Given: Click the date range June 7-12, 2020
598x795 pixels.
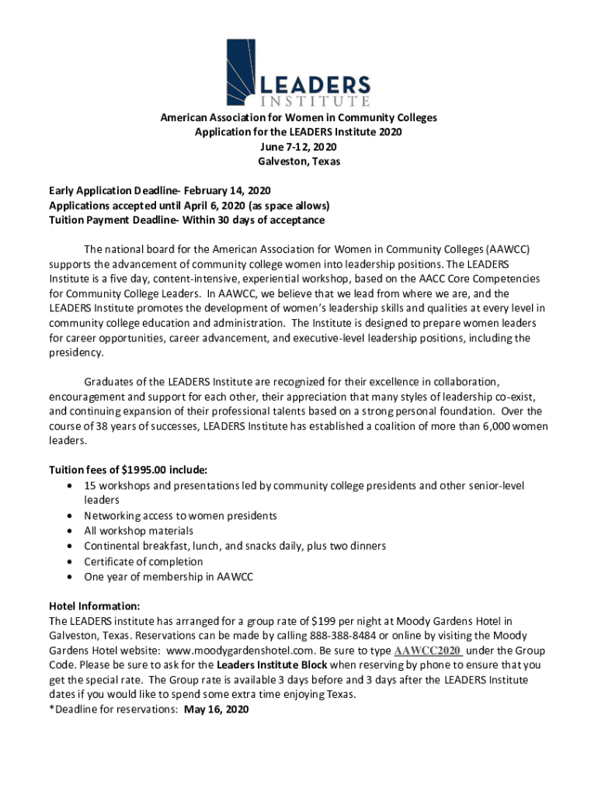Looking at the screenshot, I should click(x=298, y=148).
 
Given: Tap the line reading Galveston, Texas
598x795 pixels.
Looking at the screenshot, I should click(x=298, y=162).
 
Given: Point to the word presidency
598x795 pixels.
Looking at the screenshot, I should click(x=75, y=352).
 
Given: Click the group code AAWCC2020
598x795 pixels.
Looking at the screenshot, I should click(x=428, y=651).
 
